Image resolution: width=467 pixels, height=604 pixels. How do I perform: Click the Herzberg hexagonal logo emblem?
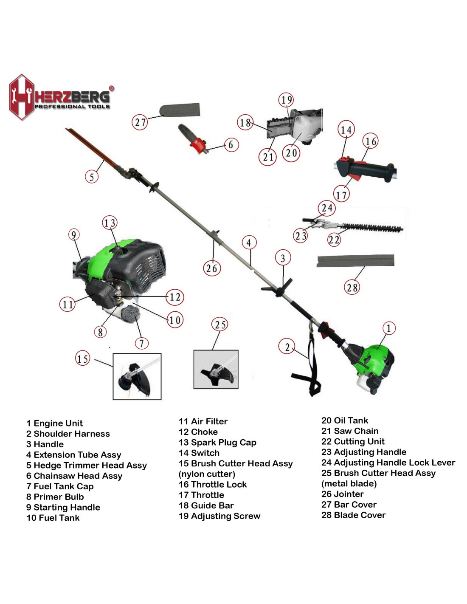coord(22,97)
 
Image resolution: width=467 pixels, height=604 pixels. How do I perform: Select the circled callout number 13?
coord(110,223)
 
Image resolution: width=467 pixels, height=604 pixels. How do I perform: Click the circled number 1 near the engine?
coord(388,328)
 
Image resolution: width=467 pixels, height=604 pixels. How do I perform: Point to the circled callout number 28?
coord(352,287)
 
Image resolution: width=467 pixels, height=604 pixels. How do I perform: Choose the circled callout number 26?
coord(212,268)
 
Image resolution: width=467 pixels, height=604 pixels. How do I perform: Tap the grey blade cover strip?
coord(355,261)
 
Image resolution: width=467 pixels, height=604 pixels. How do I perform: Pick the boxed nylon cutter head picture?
coord(137,376)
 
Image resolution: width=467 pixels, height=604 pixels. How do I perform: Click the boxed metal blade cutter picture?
coord(216,369)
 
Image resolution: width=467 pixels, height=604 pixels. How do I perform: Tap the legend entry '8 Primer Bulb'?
coord(55,497)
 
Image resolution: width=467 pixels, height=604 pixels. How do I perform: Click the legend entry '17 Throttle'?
coord(201,495)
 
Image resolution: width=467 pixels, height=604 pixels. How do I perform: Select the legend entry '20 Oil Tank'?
coord(345,420)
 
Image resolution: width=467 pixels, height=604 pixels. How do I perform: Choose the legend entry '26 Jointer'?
coord(343,494)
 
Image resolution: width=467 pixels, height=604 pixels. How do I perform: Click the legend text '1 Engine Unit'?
coord(54,423)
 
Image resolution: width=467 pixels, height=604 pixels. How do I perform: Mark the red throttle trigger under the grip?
coord(354,176)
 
